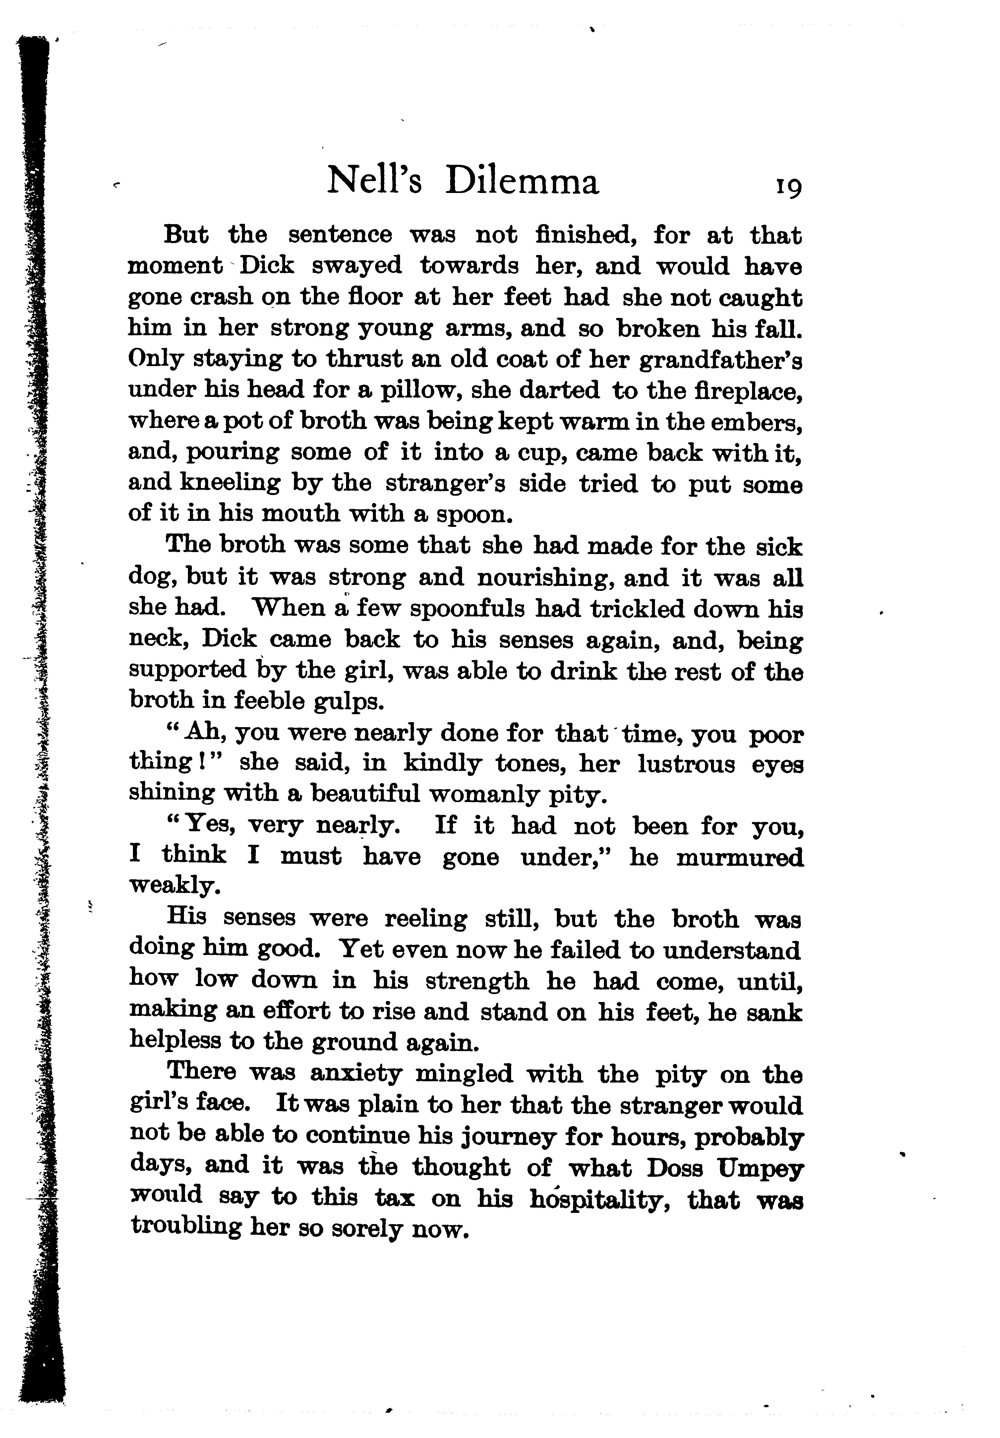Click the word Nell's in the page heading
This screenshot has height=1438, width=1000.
tap(375, 182)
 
